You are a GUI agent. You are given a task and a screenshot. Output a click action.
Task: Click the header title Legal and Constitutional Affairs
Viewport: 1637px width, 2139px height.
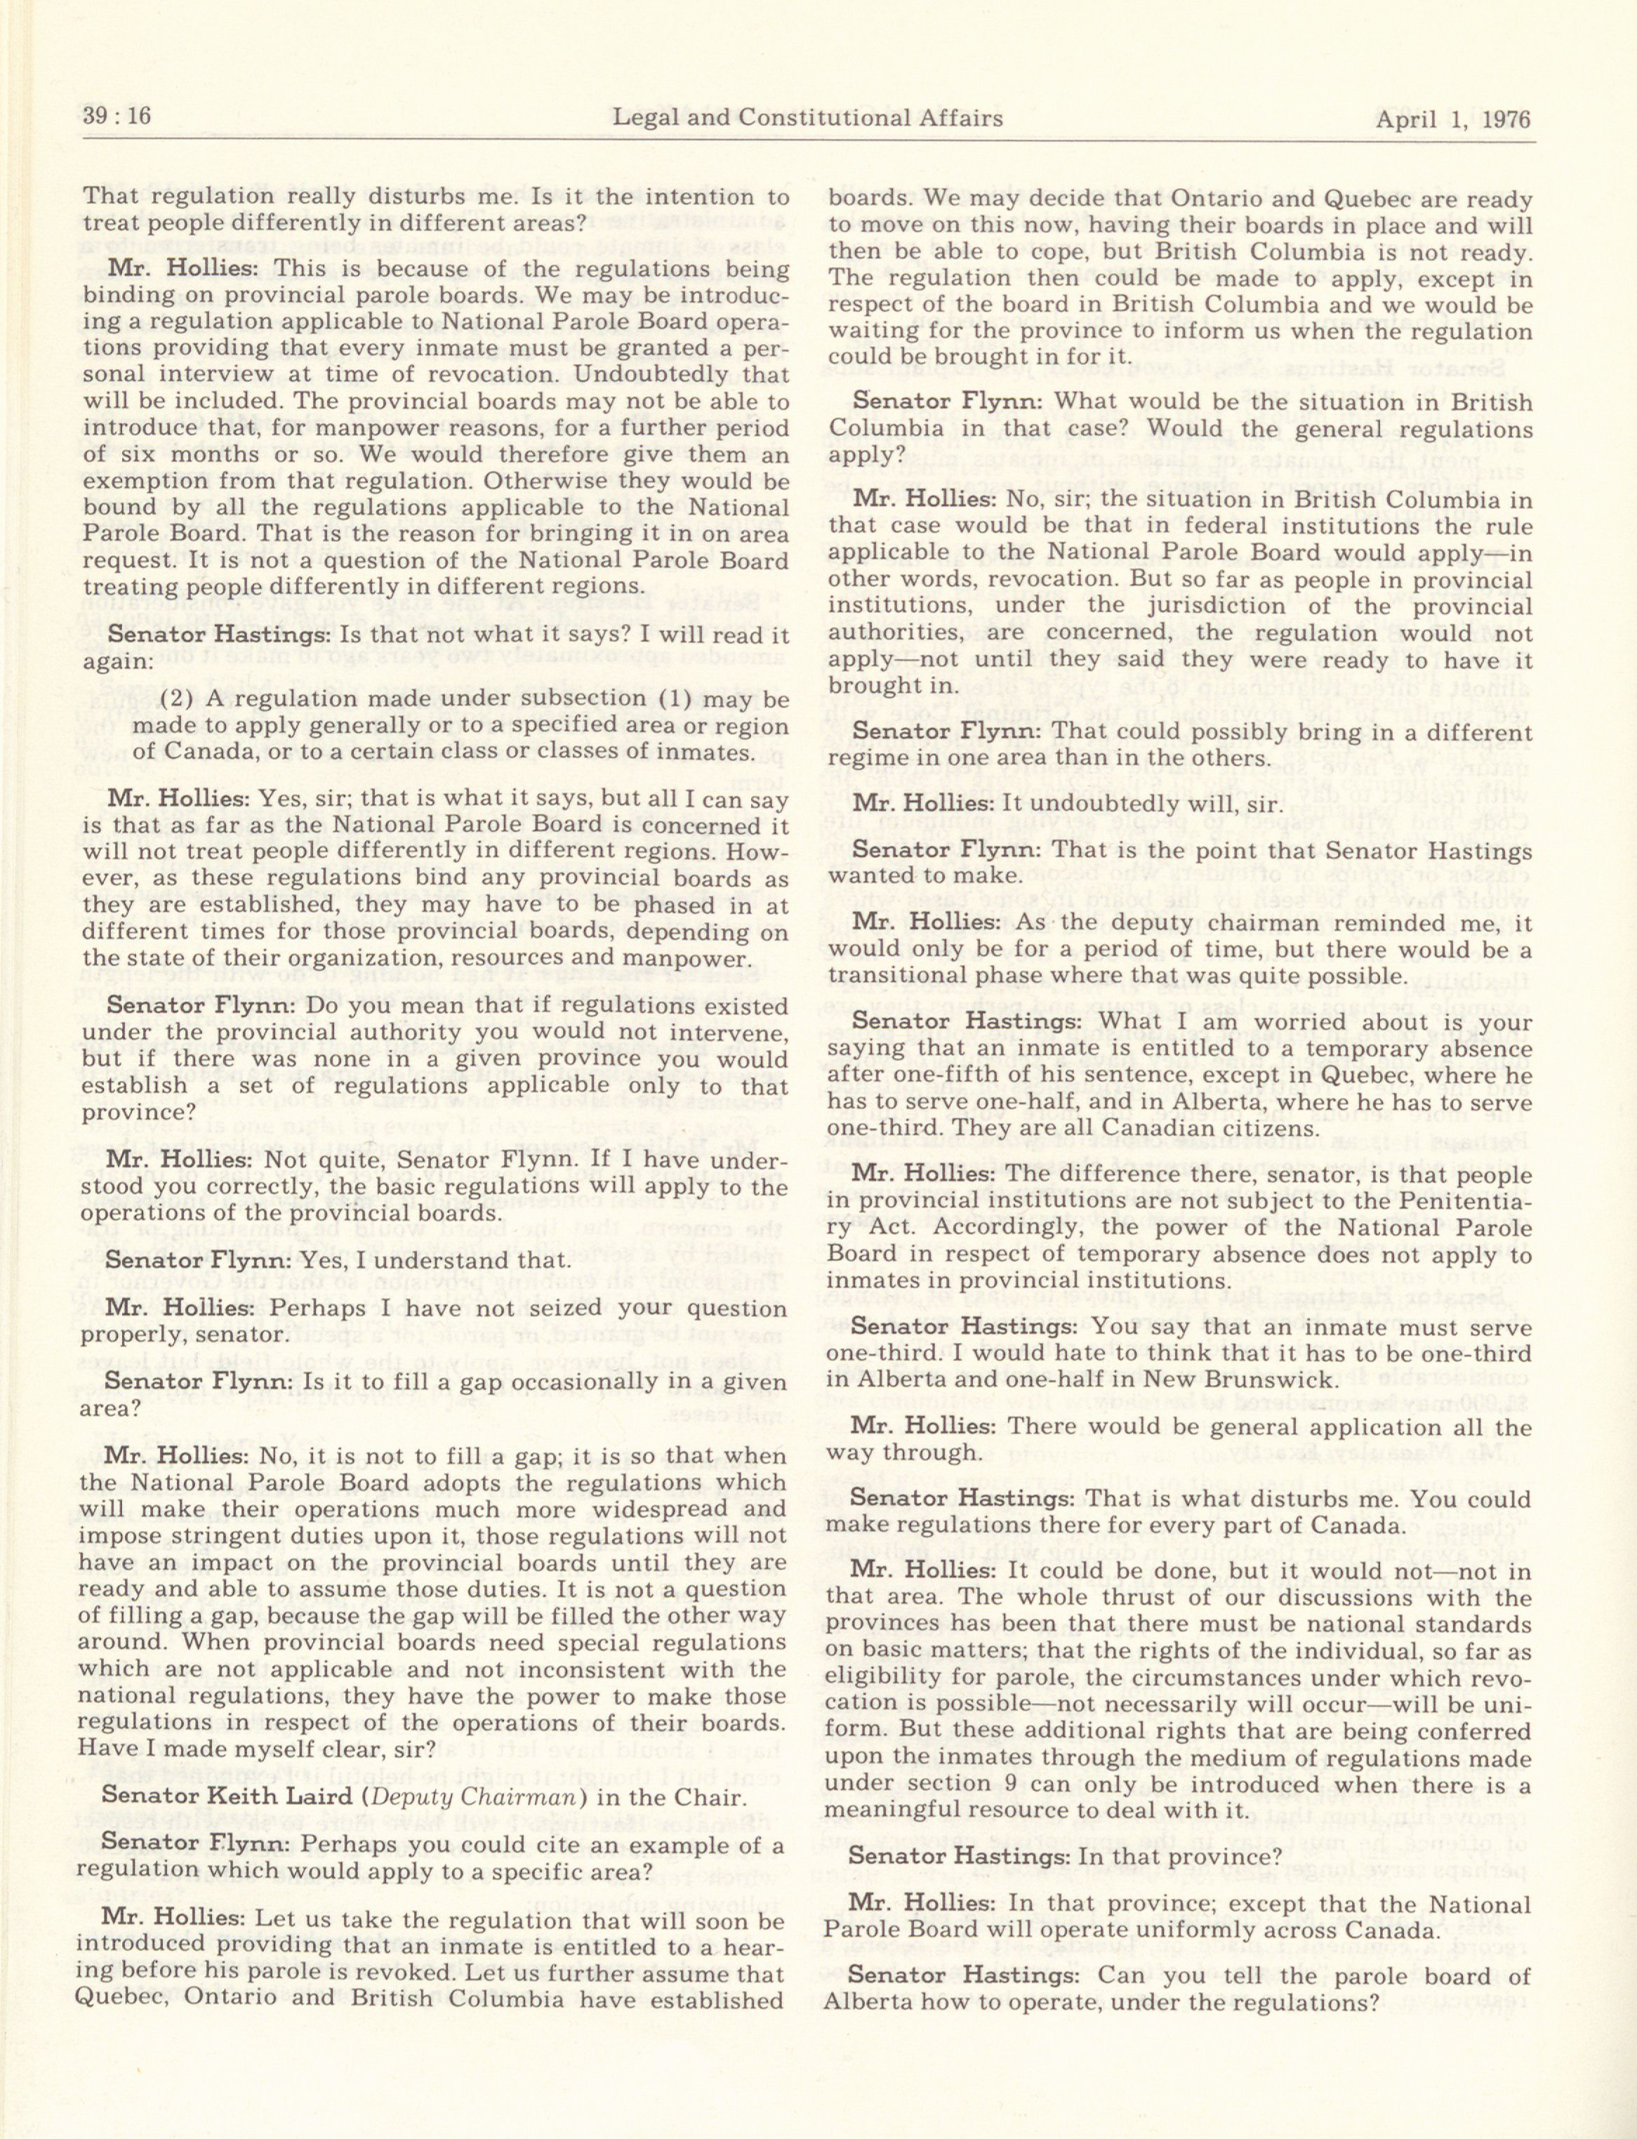[807, 119]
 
